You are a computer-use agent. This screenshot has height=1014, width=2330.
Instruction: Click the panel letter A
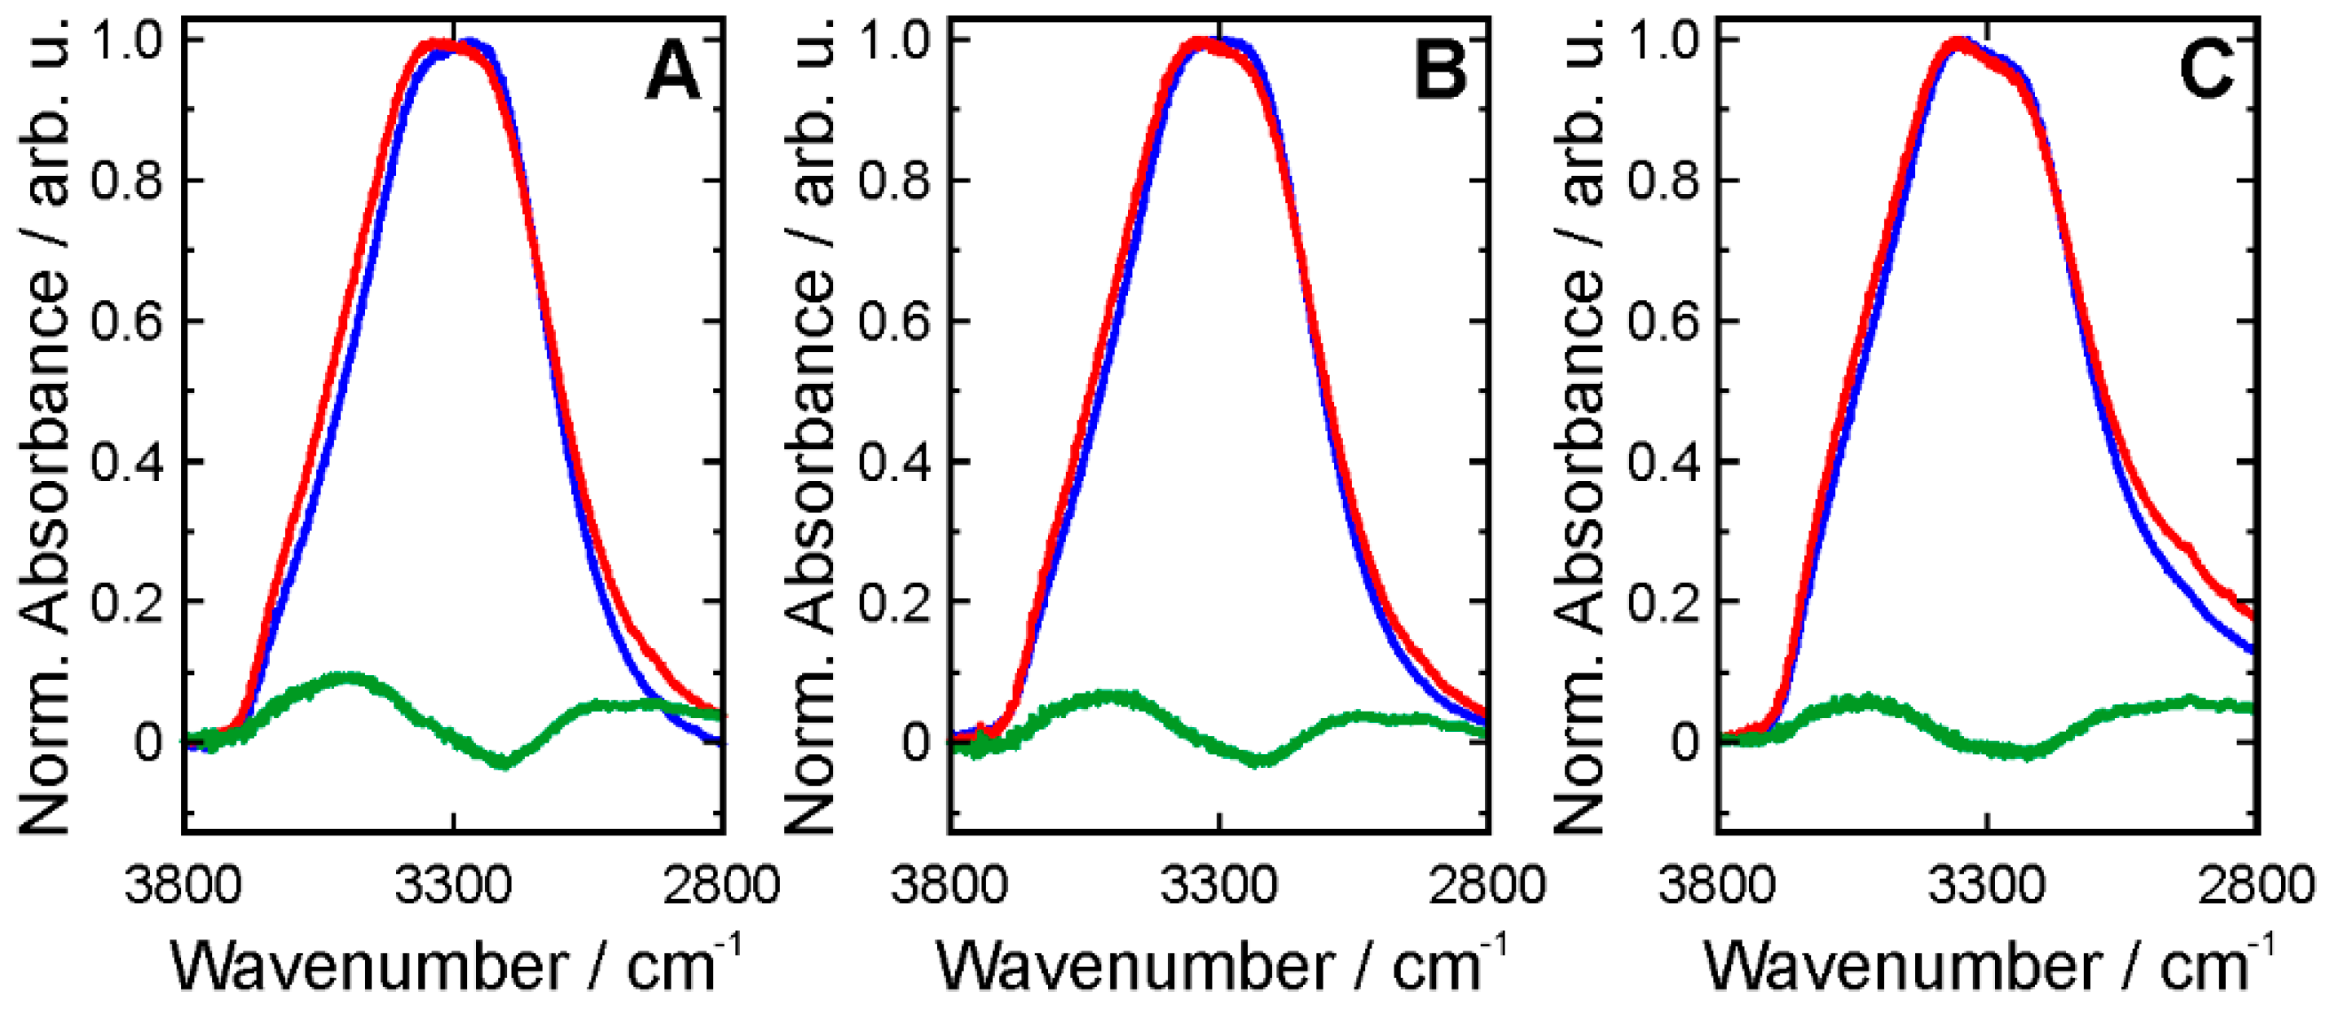[x=673, y=73]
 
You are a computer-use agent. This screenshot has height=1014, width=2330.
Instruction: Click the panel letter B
[x=1440, y=73]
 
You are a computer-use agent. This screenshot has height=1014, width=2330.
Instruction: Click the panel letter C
[x=2205, y=72]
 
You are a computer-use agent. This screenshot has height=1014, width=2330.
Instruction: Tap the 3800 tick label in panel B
[x=948, y=884]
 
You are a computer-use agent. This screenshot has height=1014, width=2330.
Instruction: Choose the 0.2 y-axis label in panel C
[x=1663, y=602]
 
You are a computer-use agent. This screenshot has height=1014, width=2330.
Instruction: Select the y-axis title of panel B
[x=808, y=425]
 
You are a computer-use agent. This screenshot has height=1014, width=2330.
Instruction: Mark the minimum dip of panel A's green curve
[x=504, y=762]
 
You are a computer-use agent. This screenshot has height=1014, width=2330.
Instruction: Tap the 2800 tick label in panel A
[x=721, y=884]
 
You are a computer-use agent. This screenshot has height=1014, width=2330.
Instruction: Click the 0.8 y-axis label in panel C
[x=1663, y=181]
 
